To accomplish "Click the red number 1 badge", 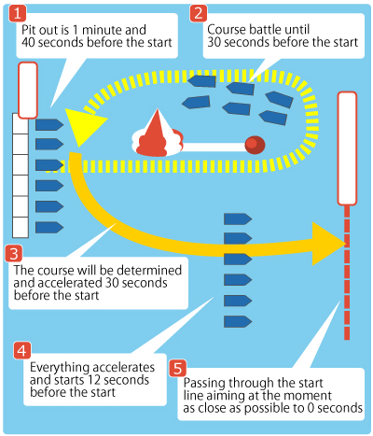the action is click(18, 13).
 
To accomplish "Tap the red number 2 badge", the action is click(199, 13).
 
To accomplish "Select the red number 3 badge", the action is click(14, 254).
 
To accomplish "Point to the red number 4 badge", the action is click(22, 351).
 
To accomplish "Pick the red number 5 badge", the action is click(178, 368).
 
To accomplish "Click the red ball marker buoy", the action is click(255, 145).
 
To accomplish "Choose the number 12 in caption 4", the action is click(94, 380).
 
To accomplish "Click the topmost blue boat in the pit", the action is click(49, 125).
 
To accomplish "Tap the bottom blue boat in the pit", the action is click(49, 228).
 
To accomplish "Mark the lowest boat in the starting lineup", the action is click(238, 321).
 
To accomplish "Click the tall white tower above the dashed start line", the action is click(347, 148).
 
